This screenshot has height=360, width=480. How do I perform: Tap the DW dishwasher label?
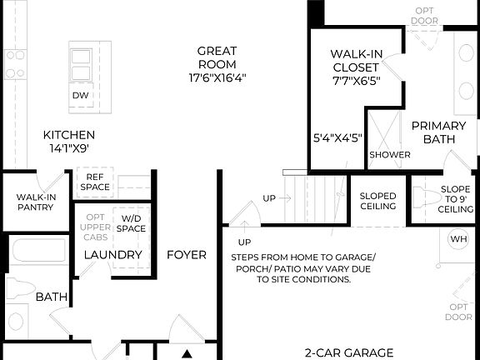pyautogui.click(x=80, y=96)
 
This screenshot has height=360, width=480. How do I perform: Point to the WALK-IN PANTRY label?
pyautogui.click(x=35, y=202)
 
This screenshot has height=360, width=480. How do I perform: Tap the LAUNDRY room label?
pyautogui.click(x=113, y=254)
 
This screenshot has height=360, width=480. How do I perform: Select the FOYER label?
pyautogui.click(x=187, y=254)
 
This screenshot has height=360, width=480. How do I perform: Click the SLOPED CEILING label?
pyautogui.click(x=377, y=201)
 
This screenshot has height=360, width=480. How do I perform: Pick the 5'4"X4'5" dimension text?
pyautogui.click(x=337, y=137)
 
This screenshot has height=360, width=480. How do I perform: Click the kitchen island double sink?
pyautogui.click(x=80, y=65)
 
